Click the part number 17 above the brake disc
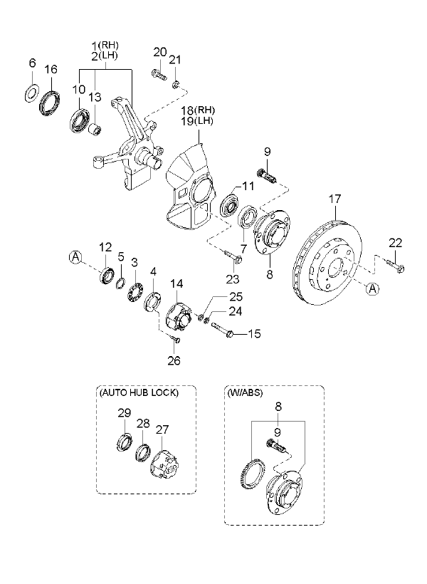(334, 201)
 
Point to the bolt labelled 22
(396, 267)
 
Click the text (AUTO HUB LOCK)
(138, 392)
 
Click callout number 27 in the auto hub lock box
(164, 429)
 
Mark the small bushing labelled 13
(95, 128)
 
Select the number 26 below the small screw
(174, 360)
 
